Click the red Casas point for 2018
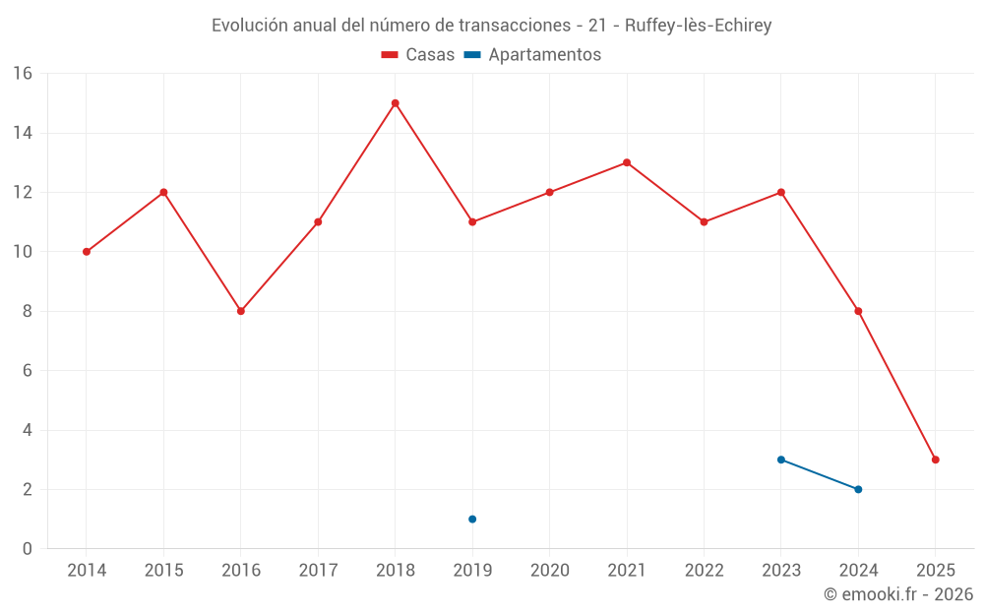396,103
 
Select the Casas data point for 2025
936,460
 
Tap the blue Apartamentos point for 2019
472,519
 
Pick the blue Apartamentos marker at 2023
781,460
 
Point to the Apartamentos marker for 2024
858,489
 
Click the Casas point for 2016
241,311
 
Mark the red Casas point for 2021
627,162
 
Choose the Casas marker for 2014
87,252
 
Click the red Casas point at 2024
858,311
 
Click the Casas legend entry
418,55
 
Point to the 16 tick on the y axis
22,74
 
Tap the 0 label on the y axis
27,549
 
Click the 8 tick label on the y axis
27,311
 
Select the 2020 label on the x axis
550,571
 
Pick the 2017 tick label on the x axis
318,571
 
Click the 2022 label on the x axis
704,571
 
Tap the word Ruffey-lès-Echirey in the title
698,26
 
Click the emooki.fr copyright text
898,594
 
